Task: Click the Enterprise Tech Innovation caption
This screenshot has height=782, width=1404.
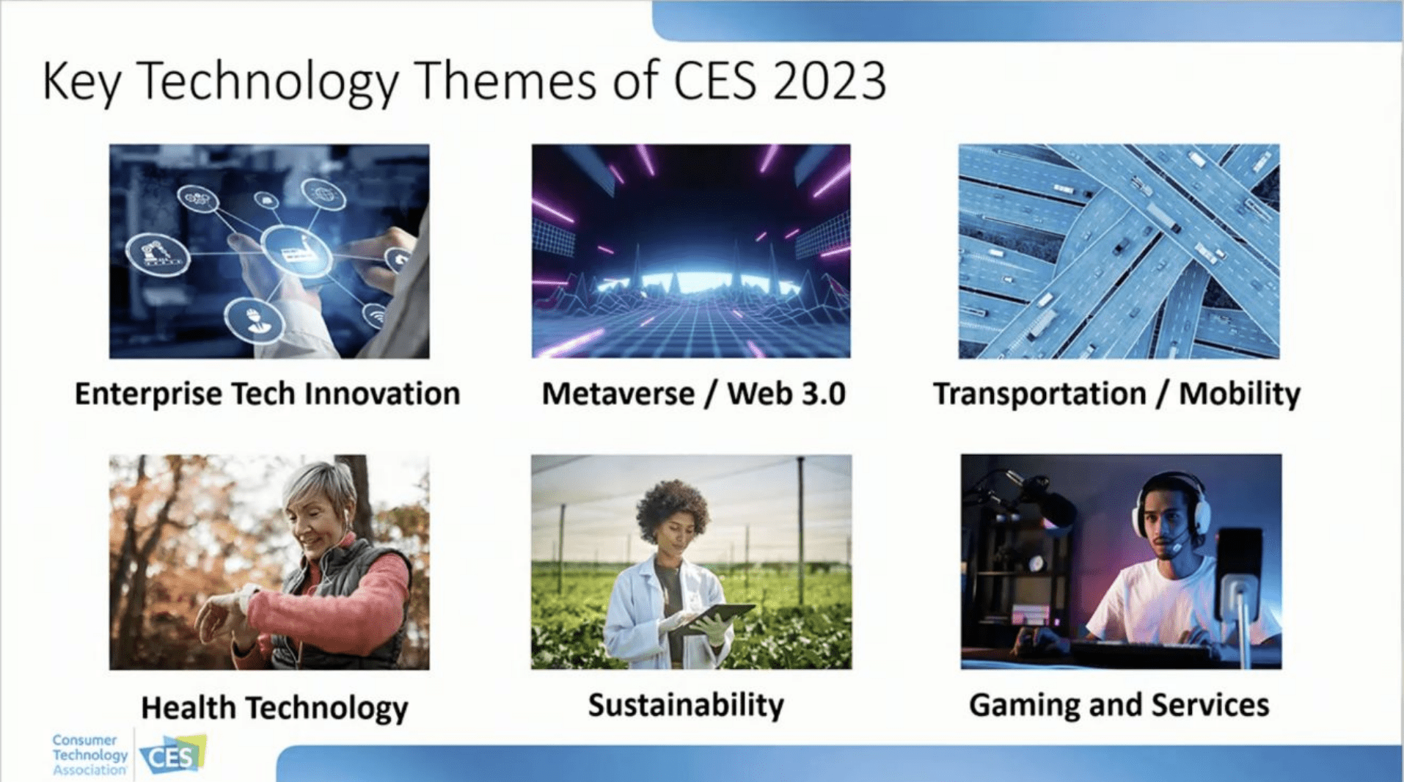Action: (x=268, y=394)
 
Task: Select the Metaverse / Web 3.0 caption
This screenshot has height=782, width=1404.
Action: (x=693, y=394)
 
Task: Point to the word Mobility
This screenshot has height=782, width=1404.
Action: (x=1239, y=394)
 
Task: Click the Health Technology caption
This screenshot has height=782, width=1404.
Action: (x=274, y=708)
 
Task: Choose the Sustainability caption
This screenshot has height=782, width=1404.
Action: (x=686, y=705)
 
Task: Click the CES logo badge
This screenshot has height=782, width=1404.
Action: (x=173, y=755)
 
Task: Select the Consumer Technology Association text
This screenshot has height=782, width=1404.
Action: (x=89, y=755)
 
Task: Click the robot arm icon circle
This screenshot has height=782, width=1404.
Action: (x=157, y=255)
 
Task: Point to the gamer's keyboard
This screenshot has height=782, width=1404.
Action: (x=1141, y=652)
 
